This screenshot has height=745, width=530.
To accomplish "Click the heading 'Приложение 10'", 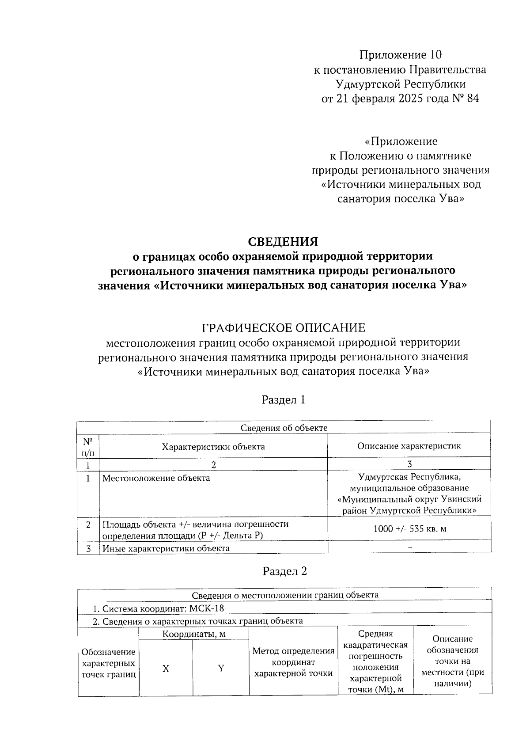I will (400, 55).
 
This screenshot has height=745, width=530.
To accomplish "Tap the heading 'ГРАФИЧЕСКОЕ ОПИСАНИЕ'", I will (283, 328).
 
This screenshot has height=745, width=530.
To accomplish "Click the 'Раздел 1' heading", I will (284, 400).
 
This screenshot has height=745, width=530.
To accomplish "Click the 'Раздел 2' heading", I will (284, 571).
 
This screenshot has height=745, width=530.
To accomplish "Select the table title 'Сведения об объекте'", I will (284, 427).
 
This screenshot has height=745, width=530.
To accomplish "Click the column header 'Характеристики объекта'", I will (213, 446).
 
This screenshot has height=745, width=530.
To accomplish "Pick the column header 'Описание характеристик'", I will (409, 445).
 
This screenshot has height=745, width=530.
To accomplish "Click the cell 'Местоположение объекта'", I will (156, 478).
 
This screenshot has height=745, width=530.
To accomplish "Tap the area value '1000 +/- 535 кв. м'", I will (409, 528).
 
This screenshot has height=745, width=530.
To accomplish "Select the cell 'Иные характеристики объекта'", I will (166, 548).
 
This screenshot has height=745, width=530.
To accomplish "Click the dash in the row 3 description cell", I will (410, 547).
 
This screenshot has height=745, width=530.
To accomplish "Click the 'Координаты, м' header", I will (194, 634).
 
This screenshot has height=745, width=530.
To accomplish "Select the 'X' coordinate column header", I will (166, 668).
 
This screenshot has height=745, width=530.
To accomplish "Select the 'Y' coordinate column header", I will (221, 668).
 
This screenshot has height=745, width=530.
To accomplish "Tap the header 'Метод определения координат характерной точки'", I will (293, 662).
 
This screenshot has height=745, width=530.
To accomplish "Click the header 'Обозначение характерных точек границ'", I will (109, 663).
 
